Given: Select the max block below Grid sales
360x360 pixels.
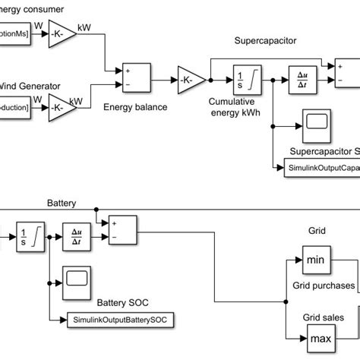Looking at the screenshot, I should coord(320,335).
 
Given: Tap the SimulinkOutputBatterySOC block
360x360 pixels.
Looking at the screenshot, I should coord(120,320).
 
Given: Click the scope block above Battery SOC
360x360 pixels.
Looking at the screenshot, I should coord(77,279).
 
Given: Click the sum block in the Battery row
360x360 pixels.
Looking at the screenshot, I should coord(122,229).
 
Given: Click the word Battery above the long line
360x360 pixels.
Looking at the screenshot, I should coord(62,204).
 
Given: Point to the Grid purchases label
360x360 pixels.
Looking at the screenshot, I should coord(324,286).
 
